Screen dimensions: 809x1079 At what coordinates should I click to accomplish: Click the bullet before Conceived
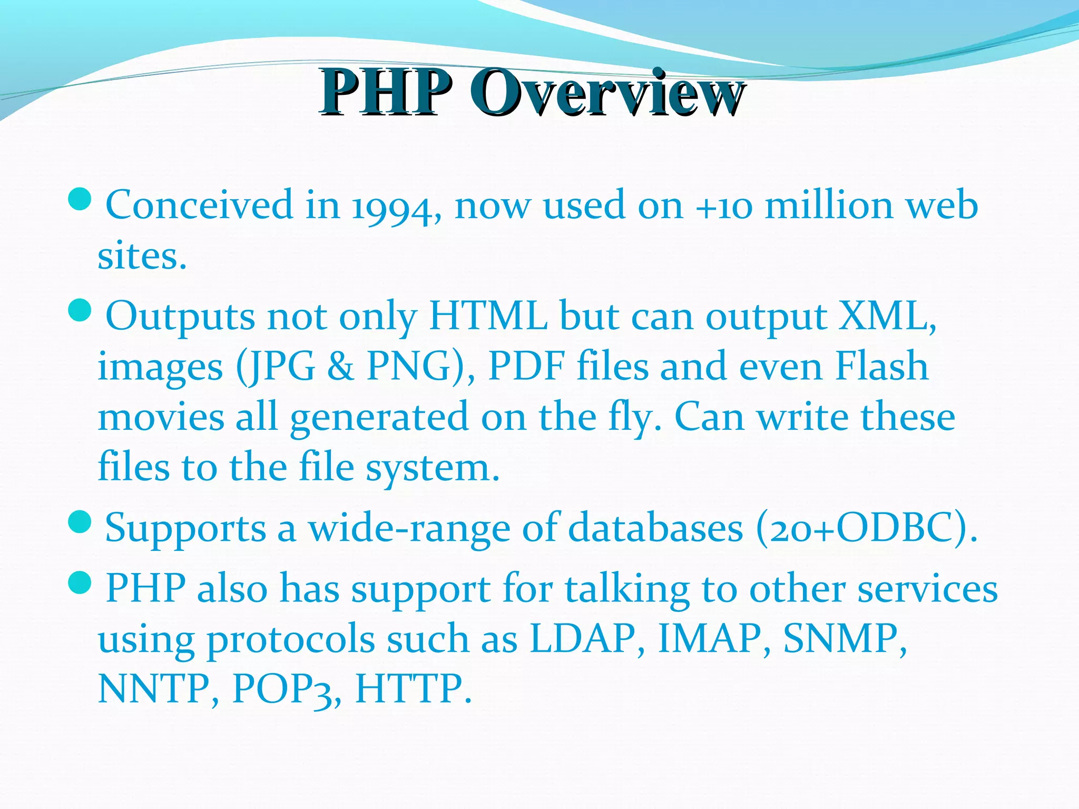coord(80,200)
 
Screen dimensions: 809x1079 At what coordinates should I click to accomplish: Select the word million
coord(829,205)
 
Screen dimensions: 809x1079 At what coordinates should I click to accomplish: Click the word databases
coord(656,528)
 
